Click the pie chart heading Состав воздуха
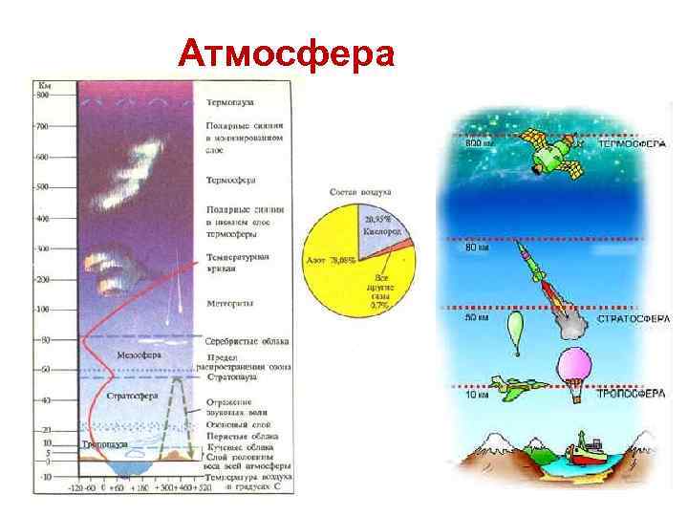pyautogui.click(x=357, y=192)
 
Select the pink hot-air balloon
pyautogui.click(x=579, y=372)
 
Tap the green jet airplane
pyautogui.click(x=521, y=385)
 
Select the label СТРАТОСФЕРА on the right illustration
pyautogui.click(x=632, y=317)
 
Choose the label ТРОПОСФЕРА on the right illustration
pyautogui.click(x=632, y=393)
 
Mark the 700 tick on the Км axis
pyautogui.click(x=42, y=126)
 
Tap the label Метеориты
pyautogui.click(x=230, y=304)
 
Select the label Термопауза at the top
pyautogui.click(x=231, y=101)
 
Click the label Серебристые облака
pyautogui.click(x=247, y=341)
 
